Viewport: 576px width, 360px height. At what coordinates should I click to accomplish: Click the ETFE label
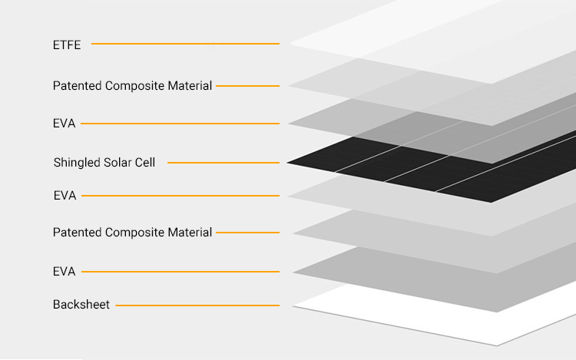(x=67, y=45)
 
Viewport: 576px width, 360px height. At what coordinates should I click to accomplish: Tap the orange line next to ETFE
(x=185, y=44)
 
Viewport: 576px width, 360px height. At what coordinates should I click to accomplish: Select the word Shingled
(x=76, y=163)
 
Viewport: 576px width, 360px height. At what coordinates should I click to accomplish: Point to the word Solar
(x=118, y=162)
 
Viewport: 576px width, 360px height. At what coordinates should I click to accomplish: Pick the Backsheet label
(x=81, y=305)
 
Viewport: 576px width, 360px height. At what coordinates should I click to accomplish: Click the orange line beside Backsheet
(x=197, y=306)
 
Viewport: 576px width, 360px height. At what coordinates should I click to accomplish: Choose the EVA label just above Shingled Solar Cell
(x=64, y=124)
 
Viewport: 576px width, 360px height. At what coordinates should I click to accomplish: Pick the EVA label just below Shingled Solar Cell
(x=65, y=196)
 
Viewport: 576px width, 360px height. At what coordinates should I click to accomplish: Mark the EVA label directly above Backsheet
(x=64, y=272)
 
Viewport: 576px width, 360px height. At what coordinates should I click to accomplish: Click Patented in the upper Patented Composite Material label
(x=77, y=86)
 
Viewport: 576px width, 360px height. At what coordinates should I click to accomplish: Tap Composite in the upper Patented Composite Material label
(x=134, y=86)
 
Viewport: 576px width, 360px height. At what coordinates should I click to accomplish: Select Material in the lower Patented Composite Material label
(x=190, y=233)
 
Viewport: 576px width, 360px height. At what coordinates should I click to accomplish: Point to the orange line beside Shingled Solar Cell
(x=223, y=163)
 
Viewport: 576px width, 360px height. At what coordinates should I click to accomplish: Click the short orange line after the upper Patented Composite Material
(x=247, y=86)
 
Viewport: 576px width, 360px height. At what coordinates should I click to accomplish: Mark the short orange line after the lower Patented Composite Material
(x=247, y=233)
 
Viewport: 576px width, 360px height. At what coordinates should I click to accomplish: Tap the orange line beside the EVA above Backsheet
(x=180, y=272)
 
